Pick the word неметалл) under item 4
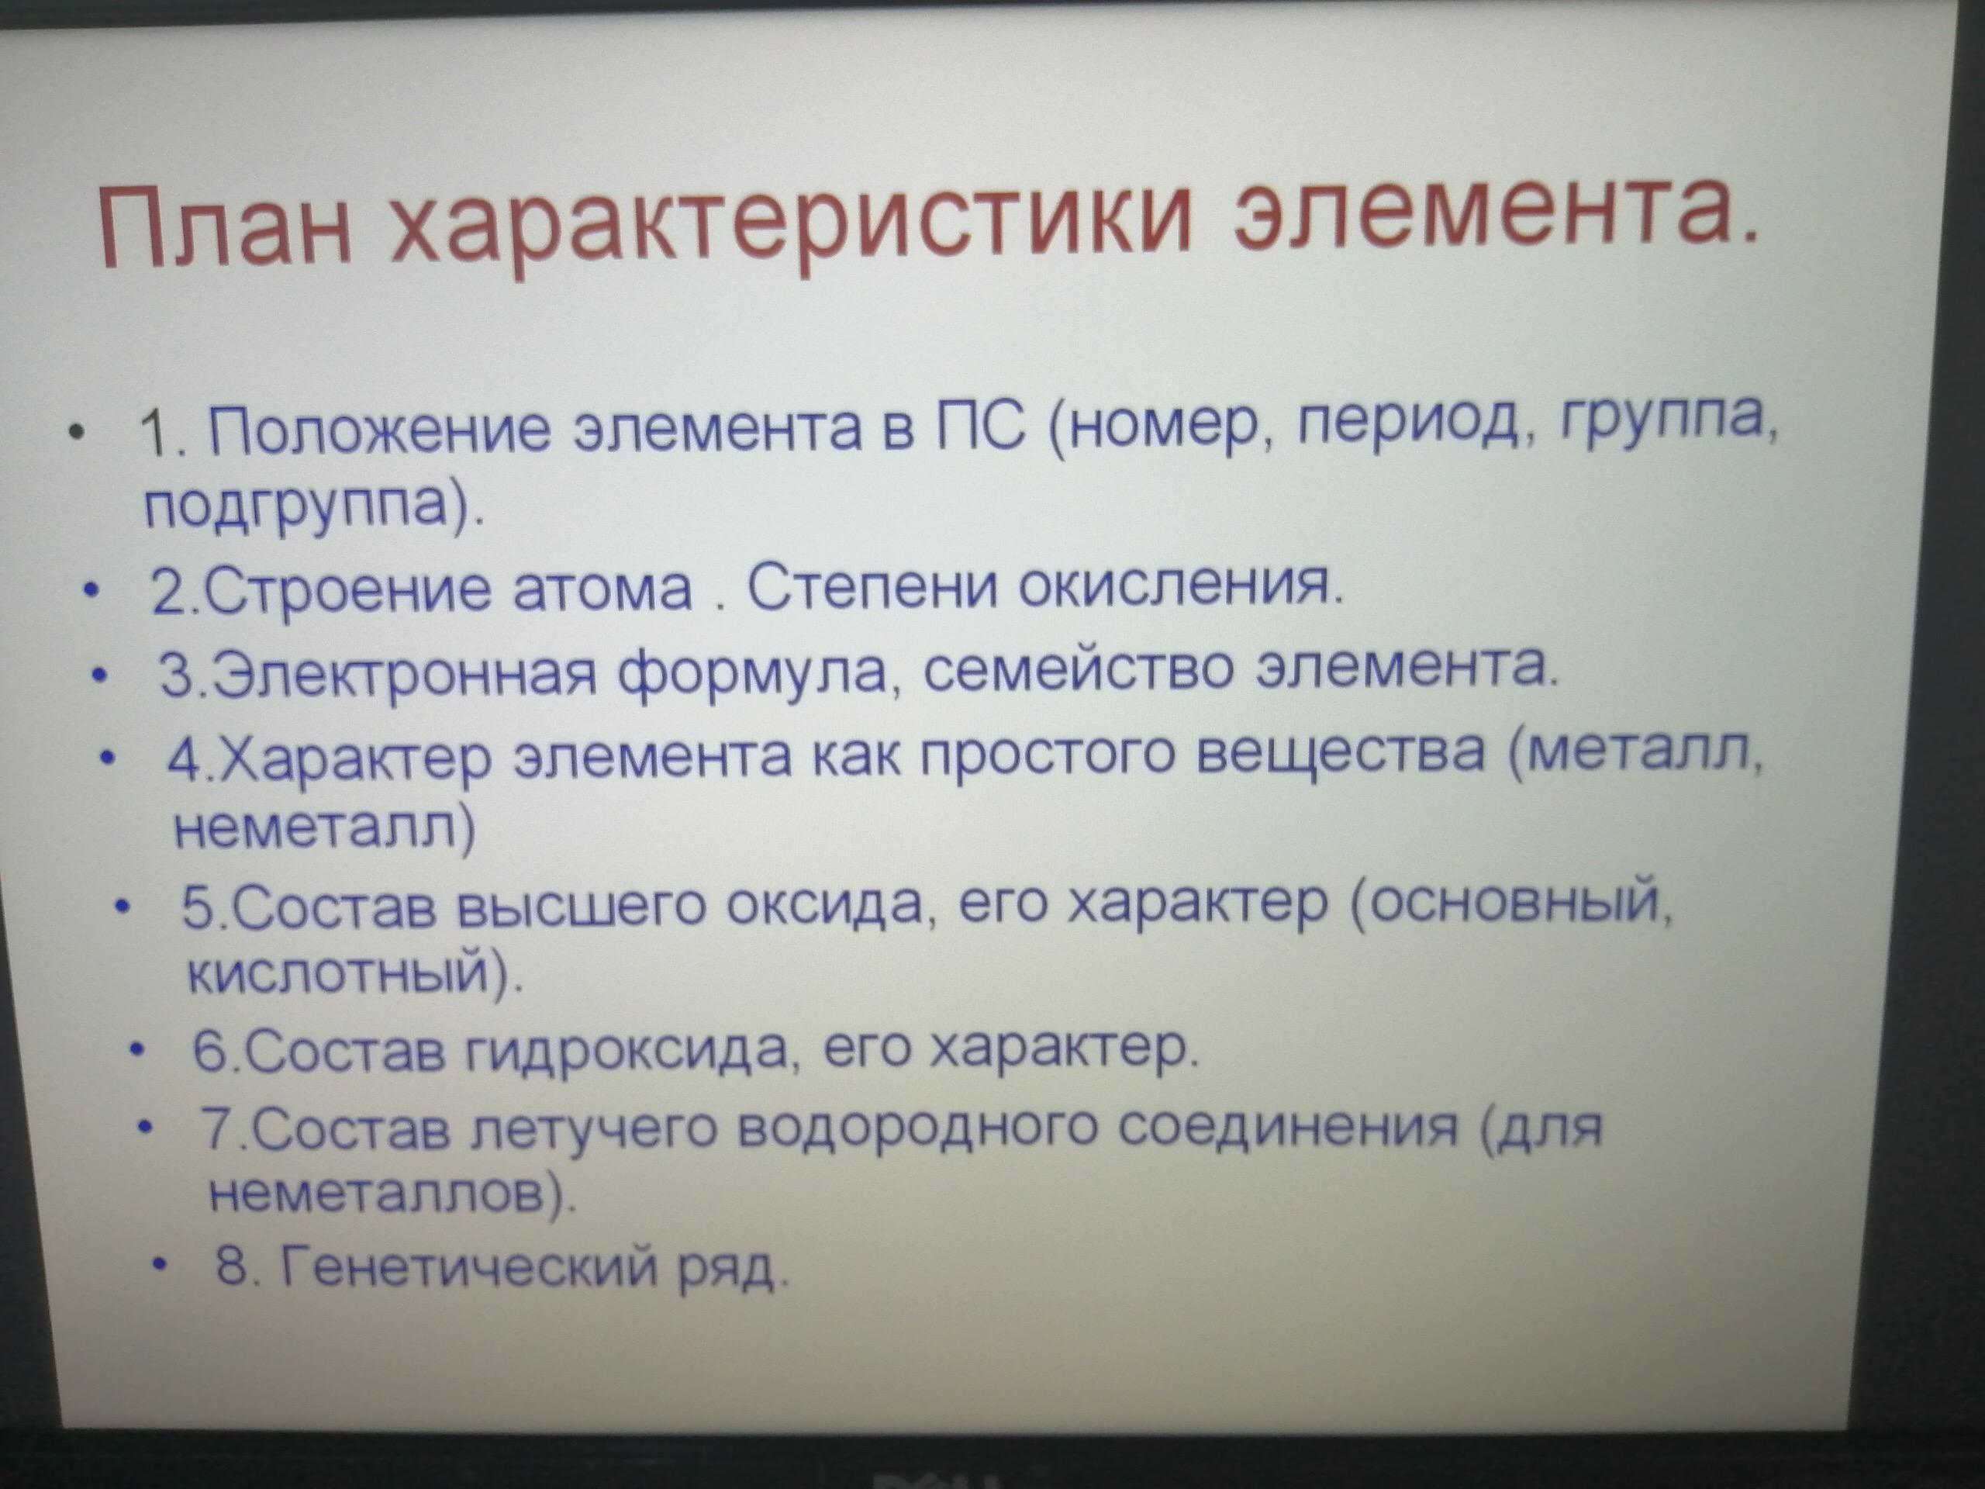(x=324, y=829)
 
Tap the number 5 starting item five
(x=196, y=907)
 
